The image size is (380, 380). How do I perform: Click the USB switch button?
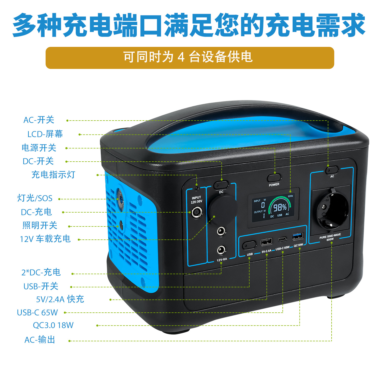click(249, 245)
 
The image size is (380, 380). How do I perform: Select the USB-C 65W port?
click(282, 239)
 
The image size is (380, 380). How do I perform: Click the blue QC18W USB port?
click(298, 236)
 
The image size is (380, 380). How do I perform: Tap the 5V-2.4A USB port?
click(267, 242)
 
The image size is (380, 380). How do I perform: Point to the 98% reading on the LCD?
click(280, 207)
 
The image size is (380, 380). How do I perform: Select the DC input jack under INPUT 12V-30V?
click(197, 212)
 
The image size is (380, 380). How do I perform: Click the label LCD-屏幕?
click(45, 134)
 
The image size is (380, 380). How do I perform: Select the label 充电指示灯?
click(53, 175)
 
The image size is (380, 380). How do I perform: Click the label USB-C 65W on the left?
click(37, 313)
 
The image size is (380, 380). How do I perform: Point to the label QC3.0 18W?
click(53, 325)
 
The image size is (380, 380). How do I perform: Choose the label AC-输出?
click(40, 340)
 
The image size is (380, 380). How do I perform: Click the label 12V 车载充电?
click(45, 239)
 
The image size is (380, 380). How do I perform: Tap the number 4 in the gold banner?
click(181, 57)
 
